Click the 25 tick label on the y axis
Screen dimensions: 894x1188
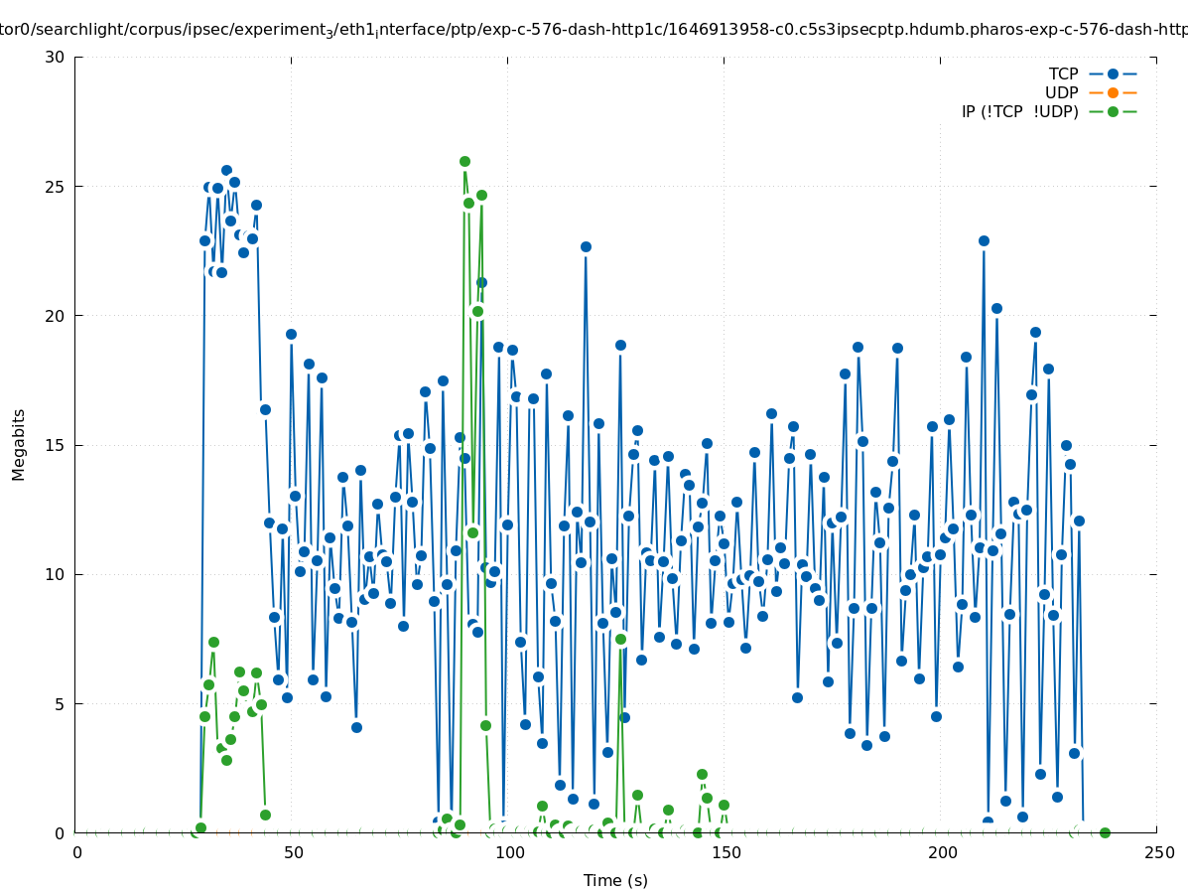[x=55, y=187]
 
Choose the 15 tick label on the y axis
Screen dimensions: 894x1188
[x=55, y=445]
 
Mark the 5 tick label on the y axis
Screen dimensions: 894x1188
[x=59, y=704]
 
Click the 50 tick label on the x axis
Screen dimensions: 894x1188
[x=292, y=852]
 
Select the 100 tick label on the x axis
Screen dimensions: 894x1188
[x=508, y=852]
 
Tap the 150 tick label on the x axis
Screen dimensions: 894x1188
[x=725, y=852]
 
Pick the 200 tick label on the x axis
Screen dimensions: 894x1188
[x=941, y=852]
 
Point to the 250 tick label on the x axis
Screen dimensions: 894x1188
[x=1157, y=852]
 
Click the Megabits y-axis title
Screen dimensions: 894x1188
[x=19, y=444]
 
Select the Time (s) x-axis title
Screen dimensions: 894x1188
[x=615, y=880]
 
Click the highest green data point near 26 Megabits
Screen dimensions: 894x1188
[x=464, y=161]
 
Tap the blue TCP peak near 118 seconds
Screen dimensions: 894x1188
[x=586, y=246]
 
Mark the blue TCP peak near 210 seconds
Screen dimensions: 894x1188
[x=984, y=240]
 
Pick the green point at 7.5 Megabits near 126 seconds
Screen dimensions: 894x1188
[x=620, y=639]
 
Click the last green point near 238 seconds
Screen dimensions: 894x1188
[x=1105, y=832]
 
